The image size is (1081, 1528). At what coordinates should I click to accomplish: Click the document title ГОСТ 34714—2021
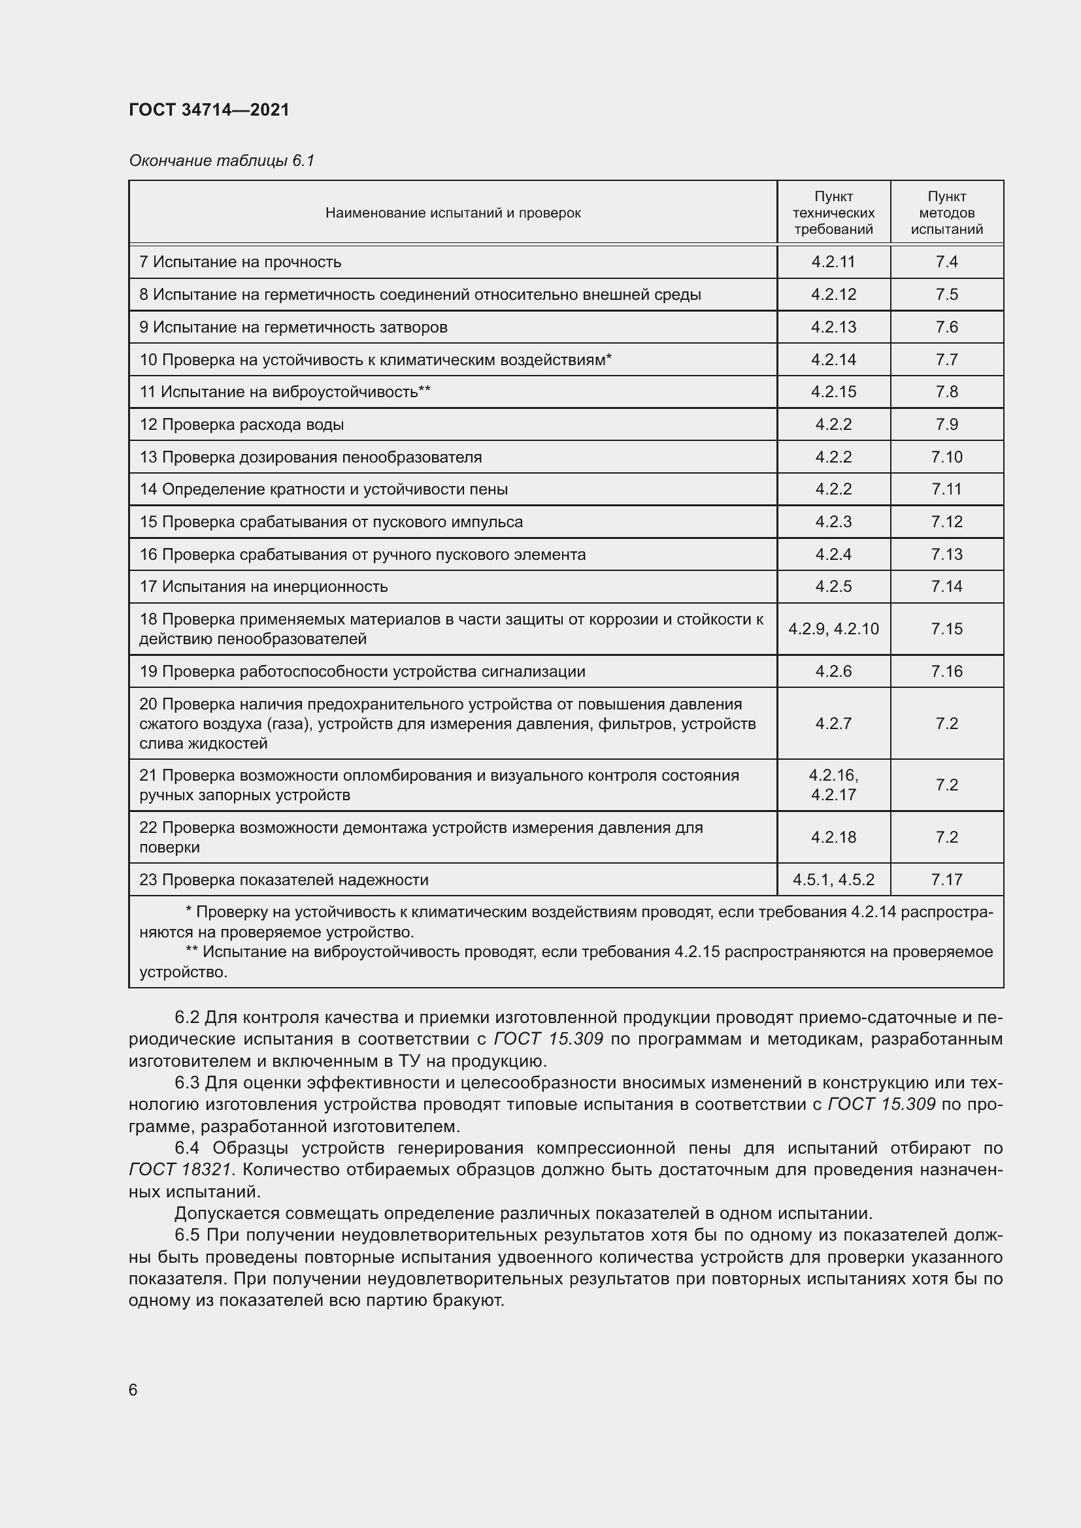209,110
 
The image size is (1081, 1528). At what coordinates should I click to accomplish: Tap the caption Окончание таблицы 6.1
221,161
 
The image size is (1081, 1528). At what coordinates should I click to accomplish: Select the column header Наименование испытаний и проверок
453,213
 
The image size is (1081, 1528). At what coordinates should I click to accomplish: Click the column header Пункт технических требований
833,213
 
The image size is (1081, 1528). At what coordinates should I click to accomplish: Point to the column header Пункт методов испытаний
946,213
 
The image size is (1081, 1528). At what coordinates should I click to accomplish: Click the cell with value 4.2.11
833,262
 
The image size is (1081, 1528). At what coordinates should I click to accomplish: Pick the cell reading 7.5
946,294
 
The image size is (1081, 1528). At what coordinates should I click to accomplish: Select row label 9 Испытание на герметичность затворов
293,327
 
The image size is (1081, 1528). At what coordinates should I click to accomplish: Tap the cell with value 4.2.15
833,392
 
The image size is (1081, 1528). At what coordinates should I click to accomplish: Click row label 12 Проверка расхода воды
242,425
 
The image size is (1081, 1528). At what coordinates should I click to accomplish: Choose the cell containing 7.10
946,457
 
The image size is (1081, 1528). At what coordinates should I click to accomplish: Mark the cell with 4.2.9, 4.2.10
833,629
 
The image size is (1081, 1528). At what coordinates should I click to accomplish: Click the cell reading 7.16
946,672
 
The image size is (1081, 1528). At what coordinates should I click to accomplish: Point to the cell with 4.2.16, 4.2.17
833,785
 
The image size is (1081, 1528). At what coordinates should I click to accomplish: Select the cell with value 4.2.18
833,837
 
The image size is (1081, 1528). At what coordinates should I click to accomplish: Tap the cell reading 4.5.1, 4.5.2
833,880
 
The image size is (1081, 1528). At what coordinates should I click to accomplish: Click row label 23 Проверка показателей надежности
284,880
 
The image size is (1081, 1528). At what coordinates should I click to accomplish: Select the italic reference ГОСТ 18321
180,1169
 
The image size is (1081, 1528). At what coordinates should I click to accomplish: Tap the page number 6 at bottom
133,1390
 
